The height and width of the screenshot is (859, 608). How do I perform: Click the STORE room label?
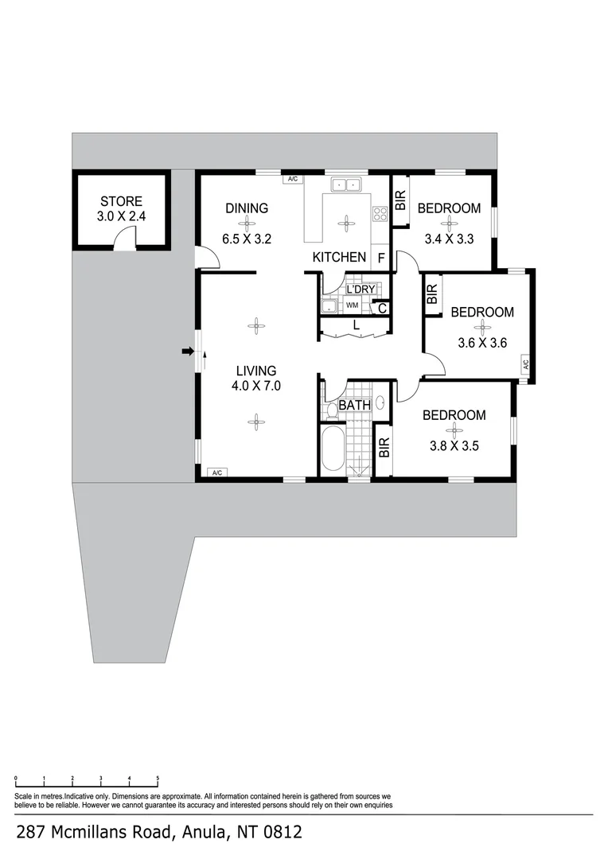[121, 201]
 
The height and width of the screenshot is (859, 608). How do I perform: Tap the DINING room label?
[247, 208]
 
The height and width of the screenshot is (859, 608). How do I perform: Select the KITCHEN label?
[339, 257]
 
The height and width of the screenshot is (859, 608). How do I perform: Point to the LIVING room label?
[256, 371]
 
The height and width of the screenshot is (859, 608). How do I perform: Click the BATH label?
[355, 406]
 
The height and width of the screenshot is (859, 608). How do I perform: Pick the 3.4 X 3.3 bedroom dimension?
[449, 239]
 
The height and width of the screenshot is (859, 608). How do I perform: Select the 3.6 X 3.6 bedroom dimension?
[482, 343]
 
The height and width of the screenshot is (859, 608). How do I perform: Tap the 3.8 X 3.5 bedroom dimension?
[454, 446]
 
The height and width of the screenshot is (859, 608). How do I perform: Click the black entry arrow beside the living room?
[188, 352]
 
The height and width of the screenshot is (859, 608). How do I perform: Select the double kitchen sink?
[345, 185]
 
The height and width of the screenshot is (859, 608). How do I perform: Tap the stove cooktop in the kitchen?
[380, 214]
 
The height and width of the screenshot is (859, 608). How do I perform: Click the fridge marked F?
[381, 258]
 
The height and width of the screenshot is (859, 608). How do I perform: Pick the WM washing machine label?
[352, 305]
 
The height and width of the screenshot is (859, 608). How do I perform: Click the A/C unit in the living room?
[217, 472]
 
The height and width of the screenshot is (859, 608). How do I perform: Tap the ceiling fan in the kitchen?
[345, 223]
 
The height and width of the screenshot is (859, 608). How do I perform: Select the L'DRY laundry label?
[361, 290]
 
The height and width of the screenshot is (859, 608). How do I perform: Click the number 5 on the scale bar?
[158, 778]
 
